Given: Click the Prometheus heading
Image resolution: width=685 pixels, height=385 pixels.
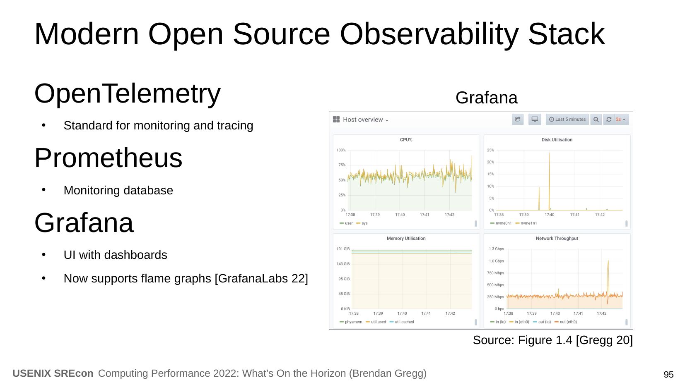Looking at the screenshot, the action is point(108,158).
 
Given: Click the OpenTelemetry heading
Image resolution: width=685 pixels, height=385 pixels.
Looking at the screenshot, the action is point(128,93).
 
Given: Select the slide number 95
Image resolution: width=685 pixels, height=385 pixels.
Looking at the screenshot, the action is point(668,374).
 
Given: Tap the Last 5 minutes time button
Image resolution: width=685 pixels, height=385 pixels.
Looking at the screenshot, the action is point(567,120).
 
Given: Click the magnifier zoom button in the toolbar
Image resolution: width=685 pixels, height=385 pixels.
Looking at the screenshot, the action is point(596,120).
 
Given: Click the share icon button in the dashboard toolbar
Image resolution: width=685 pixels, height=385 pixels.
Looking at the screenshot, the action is point(518,120).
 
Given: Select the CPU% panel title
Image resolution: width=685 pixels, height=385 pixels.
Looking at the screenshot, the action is point(406,140).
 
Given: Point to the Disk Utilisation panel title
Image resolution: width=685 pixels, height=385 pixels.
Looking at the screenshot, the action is point(557,140).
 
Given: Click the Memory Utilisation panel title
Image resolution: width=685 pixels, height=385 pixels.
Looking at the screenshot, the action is point(406,239).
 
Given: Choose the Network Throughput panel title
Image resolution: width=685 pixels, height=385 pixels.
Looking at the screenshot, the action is point(557,239).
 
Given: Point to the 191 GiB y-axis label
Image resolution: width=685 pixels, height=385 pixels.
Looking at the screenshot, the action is point(343,249).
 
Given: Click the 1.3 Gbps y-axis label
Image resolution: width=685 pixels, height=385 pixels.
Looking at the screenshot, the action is point(496,249).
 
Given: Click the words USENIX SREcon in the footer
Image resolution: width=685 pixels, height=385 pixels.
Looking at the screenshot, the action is point(53,373).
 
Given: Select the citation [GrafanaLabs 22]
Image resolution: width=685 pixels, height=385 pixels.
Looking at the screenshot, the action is point(261,278).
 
